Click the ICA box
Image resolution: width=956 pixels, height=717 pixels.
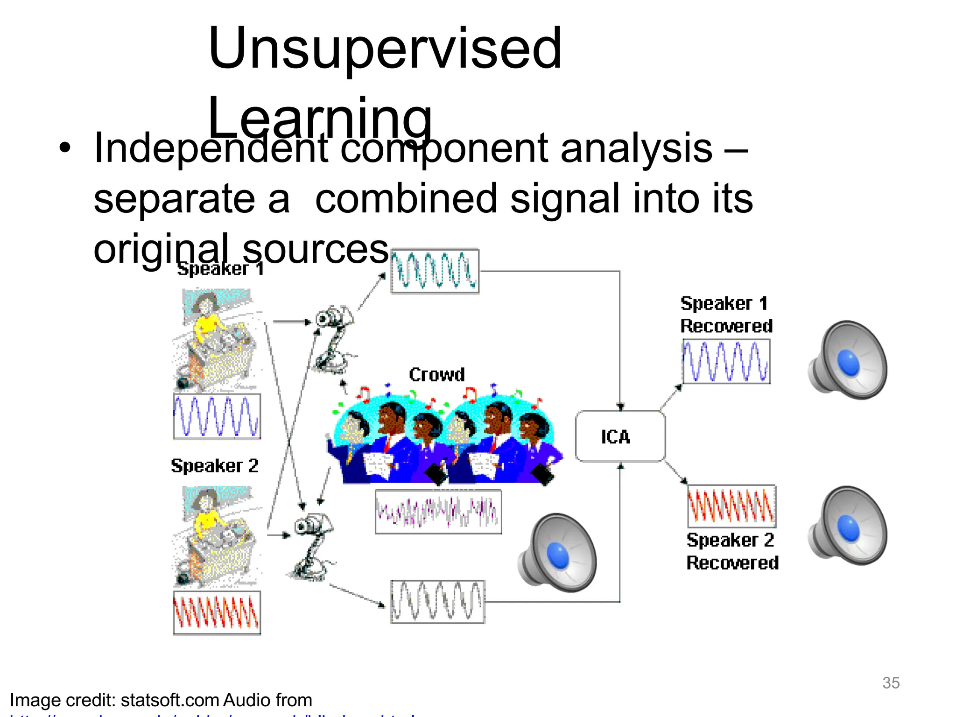coord(620,436)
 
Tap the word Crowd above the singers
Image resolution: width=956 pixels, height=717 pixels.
coord(437,374)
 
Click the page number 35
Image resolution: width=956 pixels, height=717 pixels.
coord(891,683)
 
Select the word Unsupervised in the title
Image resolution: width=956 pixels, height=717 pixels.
coord(385,49)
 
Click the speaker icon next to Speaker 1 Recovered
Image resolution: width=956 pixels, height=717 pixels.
coord(848,360)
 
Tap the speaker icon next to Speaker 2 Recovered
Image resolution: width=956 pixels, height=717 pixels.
coord(848,526)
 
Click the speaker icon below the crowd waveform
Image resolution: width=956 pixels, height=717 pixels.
coord(557,553)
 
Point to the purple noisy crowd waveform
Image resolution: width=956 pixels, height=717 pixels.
coord(438,512)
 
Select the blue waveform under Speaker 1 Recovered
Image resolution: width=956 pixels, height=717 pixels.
coord(726,361)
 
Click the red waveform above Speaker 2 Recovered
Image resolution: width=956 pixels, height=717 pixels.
coord(731,506)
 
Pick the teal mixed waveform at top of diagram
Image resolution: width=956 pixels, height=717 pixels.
coord(435,271)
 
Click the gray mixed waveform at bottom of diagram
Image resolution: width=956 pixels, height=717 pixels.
coord(437,602)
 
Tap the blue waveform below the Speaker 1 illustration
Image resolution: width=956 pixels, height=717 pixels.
coord(217,416)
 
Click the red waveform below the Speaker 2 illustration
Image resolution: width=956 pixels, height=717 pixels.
coord(217,613)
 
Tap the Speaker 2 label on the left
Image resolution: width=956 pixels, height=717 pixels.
coord(214,466)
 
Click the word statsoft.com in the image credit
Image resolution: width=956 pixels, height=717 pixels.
coord(170,700)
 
